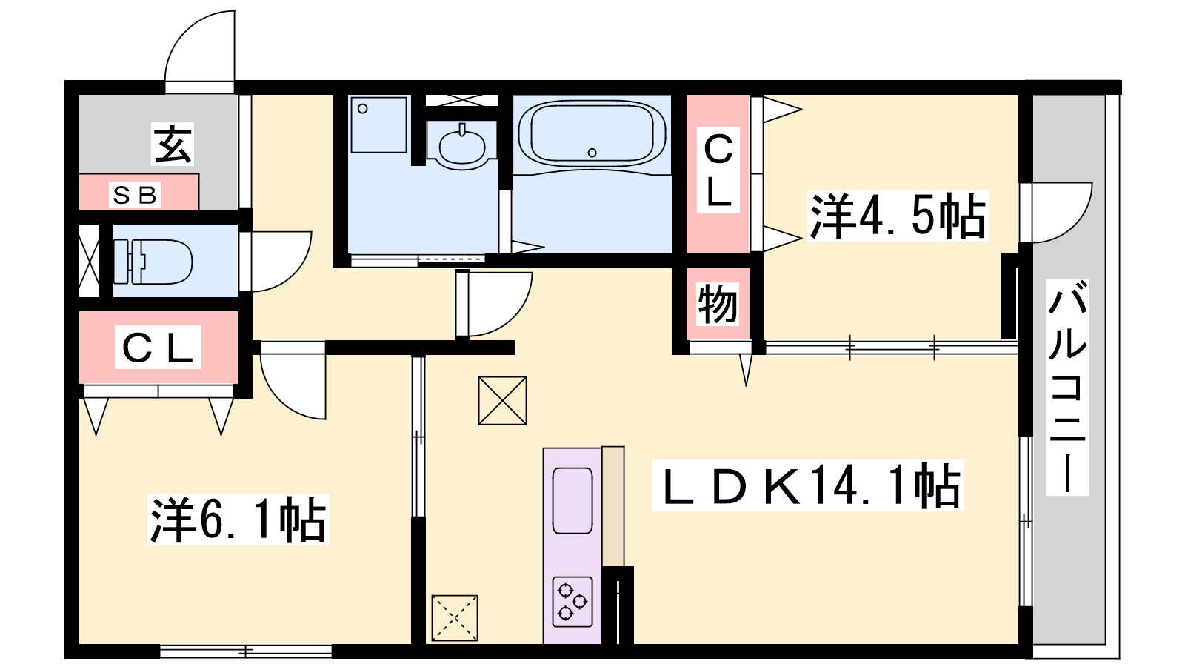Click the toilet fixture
[153, 262]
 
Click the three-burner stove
[573, 602]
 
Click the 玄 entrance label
[173, 144]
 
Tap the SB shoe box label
[135, 195]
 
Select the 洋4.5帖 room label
[898, 216]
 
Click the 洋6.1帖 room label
[238, 520]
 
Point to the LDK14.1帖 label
[808, 485]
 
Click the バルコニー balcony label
[1067, 387]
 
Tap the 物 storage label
[718, 304]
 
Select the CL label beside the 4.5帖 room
[718, 170]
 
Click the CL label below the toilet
[158, 348]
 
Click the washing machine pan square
[378, 125]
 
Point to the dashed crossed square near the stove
[455, 618]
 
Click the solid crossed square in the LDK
[502, 401]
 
